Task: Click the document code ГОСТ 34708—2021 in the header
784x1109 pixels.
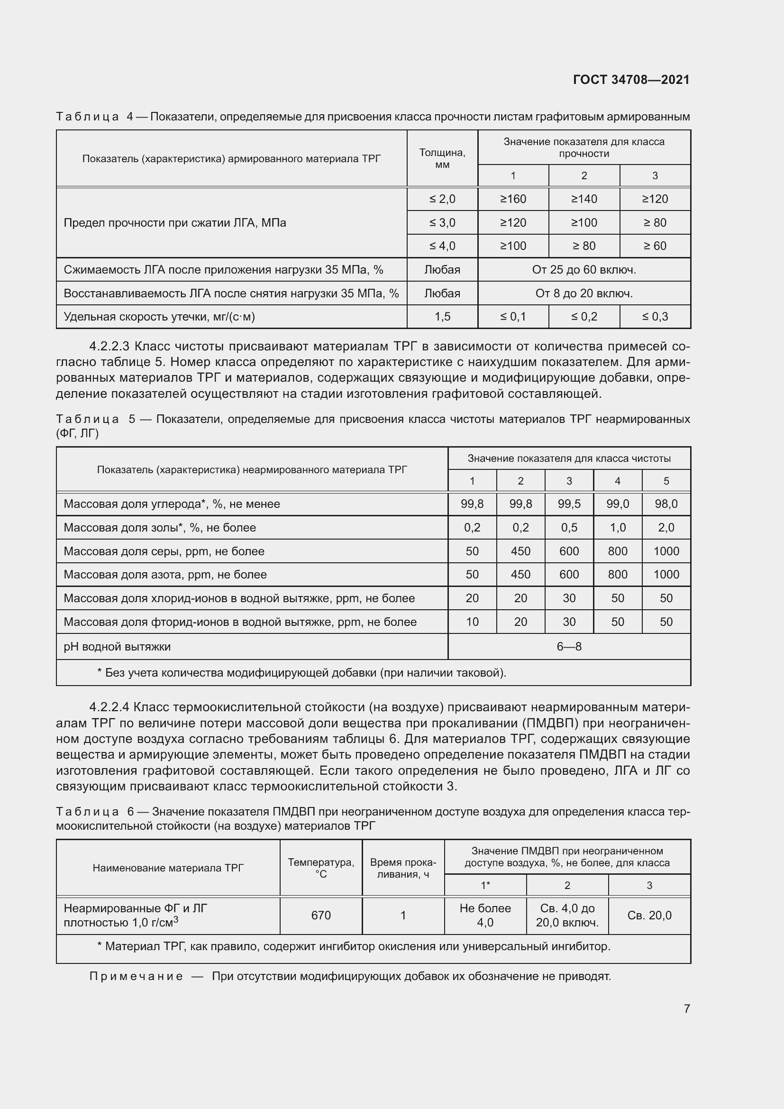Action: (x=631, y=80)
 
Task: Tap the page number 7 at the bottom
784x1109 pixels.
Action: (x=686, y=1008)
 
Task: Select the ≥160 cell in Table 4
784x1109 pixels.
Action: (x=513, y=199)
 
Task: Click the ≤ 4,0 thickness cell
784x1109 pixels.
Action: (x=442, y=246)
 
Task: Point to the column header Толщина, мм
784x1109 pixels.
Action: (x=442, y=158)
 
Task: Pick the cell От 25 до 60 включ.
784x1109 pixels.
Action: (x=583, y=269)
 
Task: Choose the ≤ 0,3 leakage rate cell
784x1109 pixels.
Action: (x=655, y=317)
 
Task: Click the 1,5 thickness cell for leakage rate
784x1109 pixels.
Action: (x=442, y=317)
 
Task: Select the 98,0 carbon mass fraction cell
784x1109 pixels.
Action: (x=665, y=504)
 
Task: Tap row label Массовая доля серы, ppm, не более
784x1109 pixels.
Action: (x=164, y=551)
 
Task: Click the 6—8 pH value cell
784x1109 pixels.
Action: (x=569, y=646)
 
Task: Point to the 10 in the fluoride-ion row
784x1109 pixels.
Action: (x=472, y=622)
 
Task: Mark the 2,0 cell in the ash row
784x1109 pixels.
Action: (x=665, y=527)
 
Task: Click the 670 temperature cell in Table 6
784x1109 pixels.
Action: (x=320, y=915)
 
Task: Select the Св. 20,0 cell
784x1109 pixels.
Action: (x=649, y=915)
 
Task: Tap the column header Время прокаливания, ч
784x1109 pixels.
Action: (x=402, y=868)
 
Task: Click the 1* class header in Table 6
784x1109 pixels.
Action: (x=485, y=885)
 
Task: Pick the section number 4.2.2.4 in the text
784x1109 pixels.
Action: (x=109, y=707)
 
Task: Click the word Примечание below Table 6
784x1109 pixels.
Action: (x=136, y=976)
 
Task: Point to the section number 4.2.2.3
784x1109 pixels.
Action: (x=109, y=346)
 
